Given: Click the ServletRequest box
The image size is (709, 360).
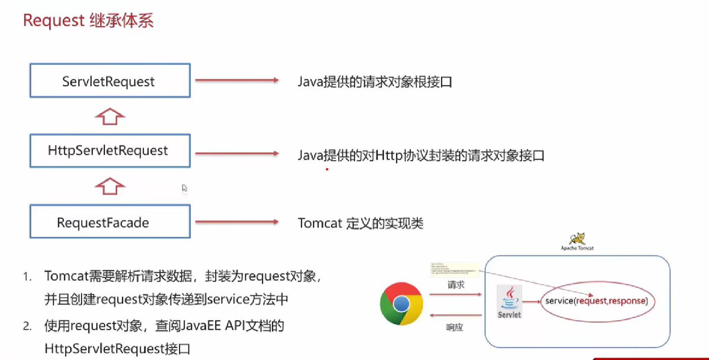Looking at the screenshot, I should click(110, 81).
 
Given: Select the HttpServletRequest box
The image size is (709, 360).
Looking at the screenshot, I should click(110, 150).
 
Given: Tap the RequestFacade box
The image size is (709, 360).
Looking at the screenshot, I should click(110, 222).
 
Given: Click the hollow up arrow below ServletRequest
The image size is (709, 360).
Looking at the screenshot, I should click(110, 116).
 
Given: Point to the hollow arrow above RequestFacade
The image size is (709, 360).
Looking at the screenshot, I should click(110, 186).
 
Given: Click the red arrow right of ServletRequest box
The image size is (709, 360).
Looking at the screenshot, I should click(237, 80).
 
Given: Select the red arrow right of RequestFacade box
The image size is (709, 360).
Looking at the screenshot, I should click(237, 222).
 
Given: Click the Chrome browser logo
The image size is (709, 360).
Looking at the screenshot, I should click(402, 304).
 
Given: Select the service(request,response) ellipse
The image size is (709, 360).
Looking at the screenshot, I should click(597, 301).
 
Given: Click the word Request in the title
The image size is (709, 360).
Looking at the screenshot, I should click(53, 20).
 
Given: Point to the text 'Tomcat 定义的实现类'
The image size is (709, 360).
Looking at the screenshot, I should click(361, 223).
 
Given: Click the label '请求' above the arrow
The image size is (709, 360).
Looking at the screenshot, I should click(456, 285).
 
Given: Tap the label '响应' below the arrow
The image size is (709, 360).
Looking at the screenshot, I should click(455, 327).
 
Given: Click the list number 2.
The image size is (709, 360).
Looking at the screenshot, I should click(27, 326).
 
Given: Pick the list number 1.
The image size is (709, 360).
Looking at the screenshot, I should click(27, 277).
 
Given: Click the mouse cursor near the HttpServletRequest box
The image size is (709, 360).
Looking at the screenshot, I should click(184, 188).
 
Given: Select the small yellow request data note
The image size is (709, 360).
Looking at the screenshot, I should click(454, 269).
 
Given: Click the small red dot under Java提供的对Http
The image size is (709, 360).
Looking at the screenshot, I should click(327, 169).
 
